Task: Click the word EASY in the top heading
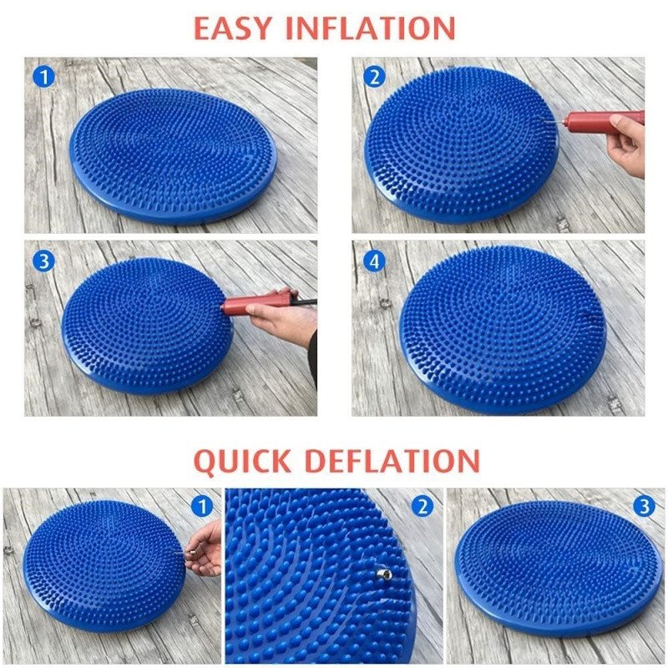[232, 28]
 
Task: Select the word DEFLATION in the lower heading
[392, 461]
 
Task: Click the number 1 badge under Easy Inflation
[44, 77]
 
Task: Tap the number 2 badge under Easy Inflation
[374, 77]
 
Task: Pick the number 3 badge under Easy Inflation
[44, 261]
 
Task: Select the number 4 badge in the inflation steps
[374, 261]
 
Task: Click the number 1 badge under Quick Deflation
[202, 506]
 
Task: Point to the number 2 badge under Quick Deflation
[423, 506]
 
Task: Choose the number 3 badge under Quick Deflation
[644, 506]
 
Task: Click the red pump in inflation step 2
[600, 121]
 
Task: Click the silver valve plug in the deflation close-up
[382, 574]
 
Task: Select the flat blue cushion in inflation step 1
[173, 156]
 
